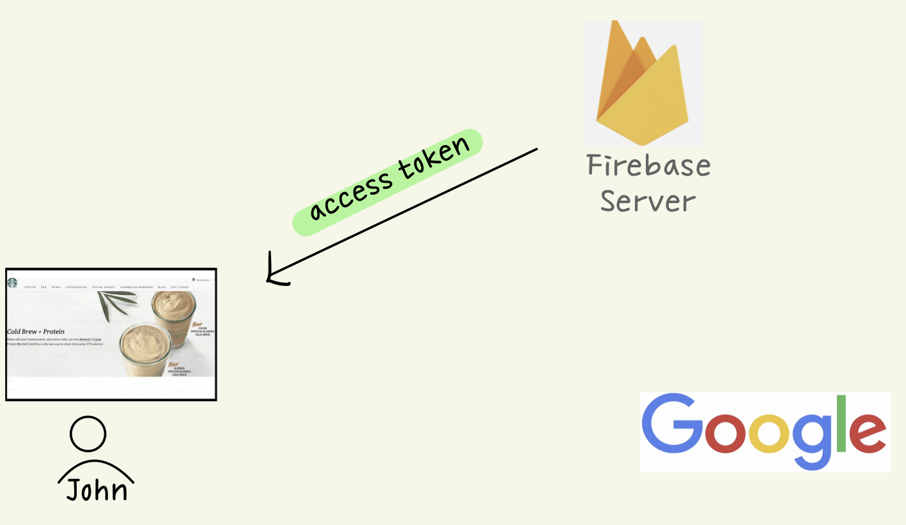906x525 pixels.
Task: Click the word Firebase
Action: (648, 166)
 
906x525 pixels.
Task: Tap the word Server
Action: (647, 202)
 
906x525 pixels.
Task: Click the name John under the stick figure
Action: (97, 490)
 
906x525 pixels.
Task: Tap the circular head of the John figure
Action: (88, 434)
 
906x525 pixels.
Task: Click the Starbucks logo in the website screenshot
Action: (12, 283)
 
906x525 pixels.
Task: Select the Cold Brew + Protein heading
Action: (35, 332)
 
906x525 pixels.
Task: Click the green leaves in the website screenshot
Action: (118, 303)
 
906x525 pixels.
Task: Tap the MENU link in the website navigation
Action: (56, 287)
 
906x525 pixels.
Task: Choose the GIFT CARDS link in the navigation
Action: (180, 287)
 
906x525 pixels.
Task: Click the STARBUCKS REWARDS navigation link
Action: (136, 287)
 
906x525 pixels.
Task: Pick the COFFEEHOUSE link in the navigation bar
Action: (76, 287)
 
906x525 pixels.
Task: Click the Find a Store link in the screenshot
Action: (202, 280)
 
